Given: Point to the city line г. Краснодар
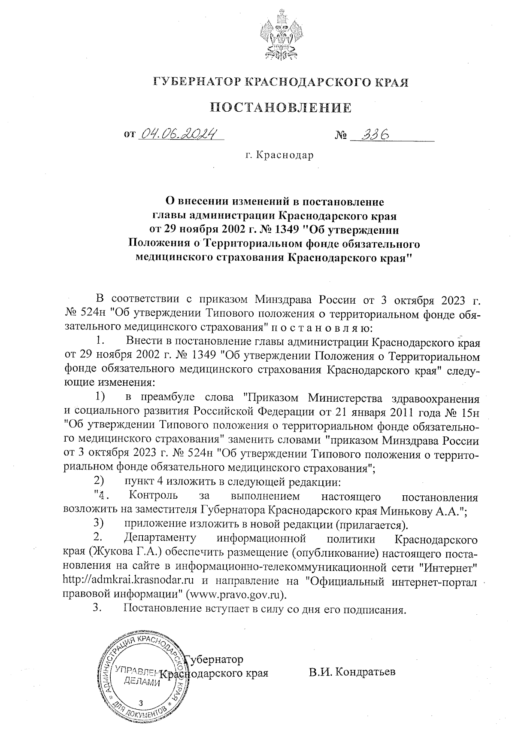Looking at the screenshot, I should coord(279,155).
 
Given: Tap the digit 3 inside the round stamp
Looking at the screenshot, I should coord(141,703).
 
